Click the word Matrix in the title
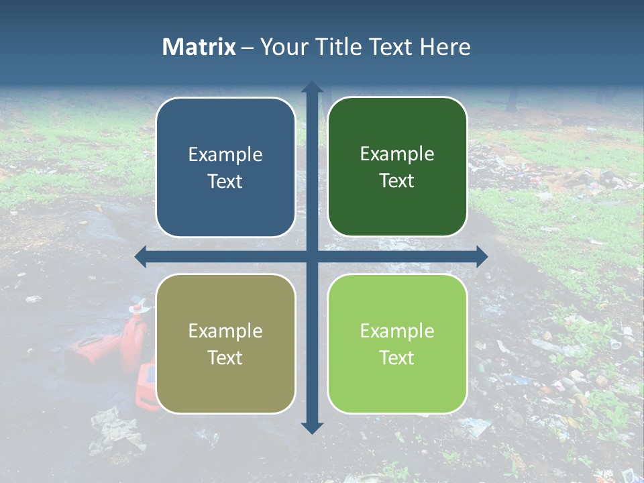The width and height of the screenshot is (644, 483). tap(199, 47)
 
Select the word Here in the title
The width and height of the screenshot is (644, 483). tap(445, 47)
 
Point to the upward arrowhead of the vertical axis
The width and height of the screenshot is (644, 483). tap(312, 87)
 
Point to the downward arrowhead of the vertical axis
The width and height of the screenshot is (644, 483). tap(312, 427)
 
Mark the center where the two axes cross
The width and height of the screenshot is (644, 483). tap(312, 256)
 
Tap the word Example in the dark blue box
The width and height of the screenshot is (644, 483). tap(225, 155)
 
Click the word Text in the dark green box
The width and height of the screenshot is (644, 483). tap(397, 181)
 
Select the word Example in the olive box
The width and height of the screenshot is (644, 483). tap(225, 331)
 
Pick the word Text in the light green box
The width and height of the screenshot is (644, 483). tap(397, 358)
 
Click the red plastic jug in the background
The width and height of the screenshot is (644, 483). tap(135, 339)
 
